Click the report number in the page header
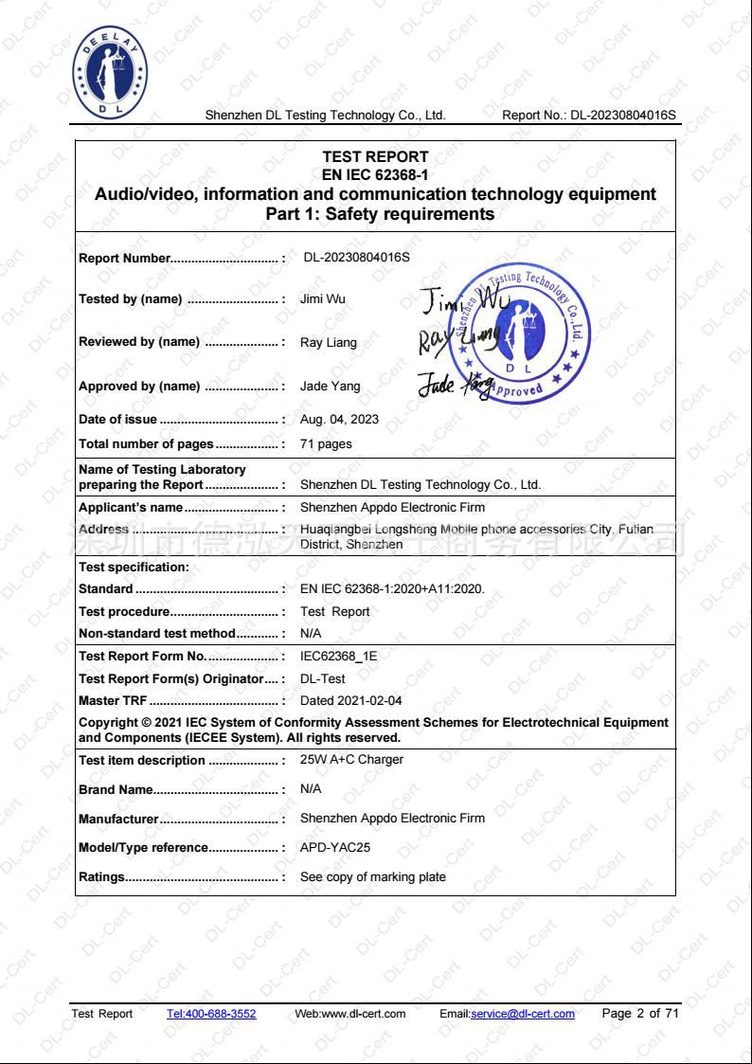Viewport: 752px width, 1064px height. [x=590, y=116]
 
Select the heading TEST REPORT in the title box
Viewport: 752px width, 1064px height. [x=375, y=156]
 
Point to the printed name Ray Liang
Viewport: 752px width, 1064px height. [x=328, y=343]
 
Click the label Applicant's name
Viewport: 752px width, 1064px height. [x=131, y=508]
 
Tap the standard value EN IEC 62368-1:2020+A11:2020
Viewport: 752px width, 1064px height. [x=392, y=589]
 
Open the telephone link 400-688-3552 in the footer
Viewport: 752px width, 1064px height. [x=210, y=1014]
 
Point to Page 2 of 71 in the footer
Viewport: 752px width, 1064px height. [x=640, y=1014]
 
